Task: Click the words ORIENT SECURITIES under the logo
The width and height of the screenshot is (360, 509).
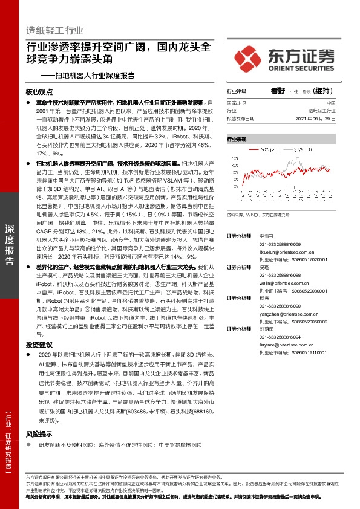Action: (x=301, y=68)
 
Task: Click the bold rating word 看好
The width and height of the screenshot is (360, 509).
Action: (x=278, y=91)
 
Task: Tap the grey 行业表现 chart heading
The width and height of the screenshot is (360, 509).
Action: (x=237, y=139)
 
